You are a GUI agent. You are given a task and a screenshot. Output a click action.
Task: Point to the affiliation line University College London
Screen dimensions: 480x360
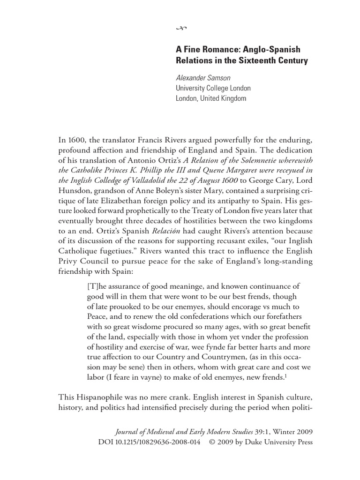(x=213, y=88)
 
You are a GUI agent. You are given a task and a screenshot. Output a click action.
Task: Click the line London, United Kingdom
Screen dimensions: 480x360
(x=210, y=98)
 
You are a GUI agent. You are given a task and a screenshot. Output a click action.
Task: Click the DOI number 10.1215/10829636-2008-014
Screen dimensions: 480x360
(x=156, y=442)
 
